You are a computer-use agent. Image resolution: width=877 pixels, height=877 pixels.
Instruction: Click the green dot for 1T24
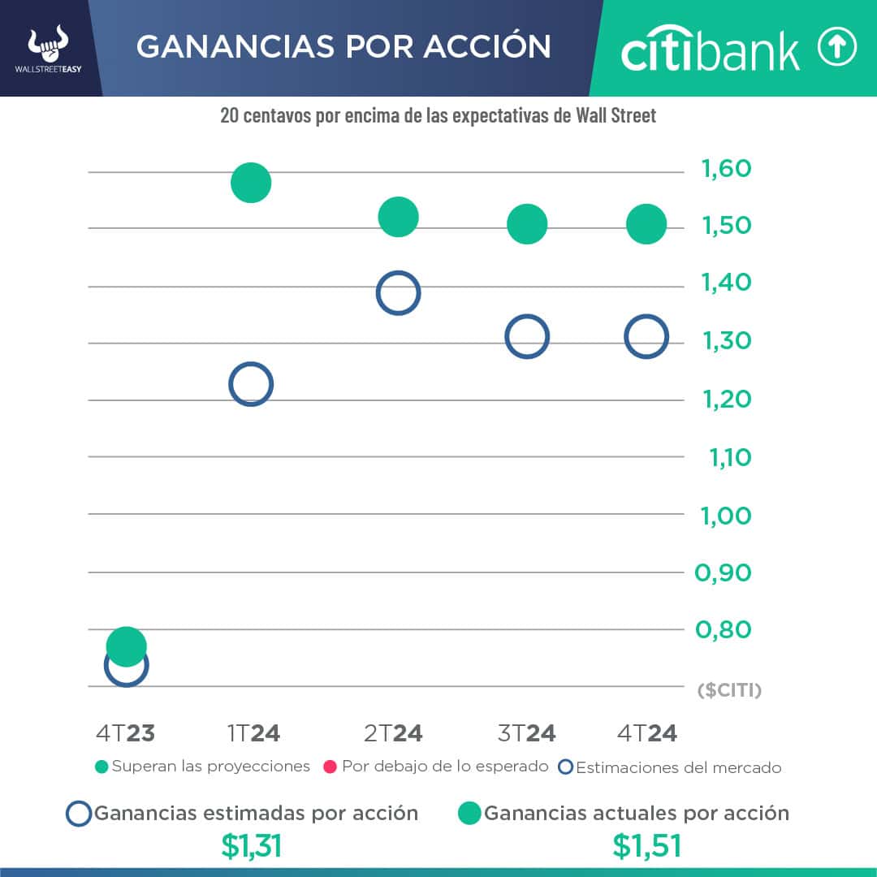250,182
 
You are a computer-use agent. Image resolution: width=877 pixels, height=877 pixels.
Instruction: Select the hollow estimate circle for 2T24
398,293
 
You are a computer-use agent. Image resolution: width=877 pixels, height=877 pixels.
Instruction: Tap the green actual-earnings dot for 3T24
528,223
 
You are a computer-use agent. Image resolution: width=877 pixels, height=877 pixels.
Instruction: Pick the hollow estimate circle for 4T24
646,337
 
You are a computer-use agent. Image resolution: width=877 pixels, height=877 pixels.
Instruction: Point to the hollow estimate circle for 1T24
251,384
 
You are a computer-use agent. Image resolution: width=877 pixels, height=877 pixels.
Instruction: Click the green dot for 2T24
398,217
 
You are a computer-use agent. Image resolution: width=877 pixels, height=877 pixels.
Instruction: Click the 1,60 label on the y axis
727,169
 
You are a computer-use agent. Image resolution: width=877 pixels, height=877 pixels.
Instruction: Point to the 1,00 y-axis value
727,516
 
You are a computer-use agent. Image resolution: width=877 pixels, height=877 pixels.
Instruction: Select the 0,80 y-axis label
723,629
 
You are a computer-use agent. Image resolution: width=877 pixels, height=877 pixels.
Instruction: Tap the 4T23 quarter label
125,733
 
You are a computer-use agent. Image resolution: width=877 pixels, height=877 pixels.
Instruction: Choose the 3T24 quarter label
526,733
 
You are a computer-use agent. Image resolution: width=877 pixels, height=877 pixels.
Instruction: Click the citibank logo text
711,50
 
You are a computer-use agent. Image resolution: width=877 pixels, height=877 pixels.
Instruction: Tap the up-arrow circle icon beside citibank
836,49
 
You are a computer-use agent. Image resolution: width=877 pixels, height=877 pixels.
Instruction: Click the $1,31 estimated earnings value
251,846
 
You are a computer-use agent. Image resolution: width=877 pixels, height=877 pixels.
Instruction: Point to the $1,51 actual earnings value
646,846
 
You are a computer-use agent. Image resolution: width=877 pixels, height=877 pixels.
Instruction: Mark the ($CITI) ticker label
729,691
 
